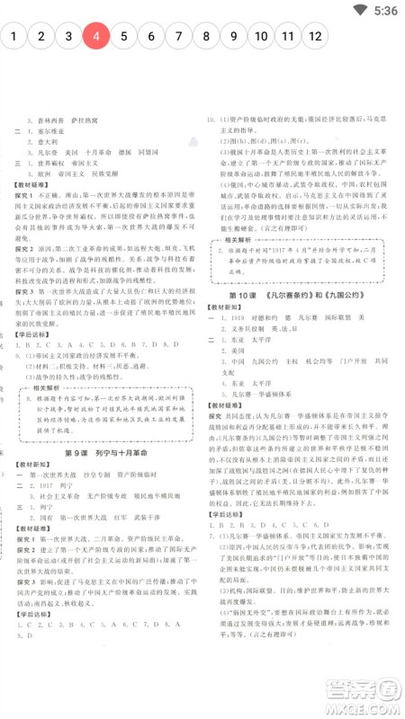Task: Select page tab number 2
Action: point(41,37)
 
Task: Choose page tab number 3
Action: point(68,37)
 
